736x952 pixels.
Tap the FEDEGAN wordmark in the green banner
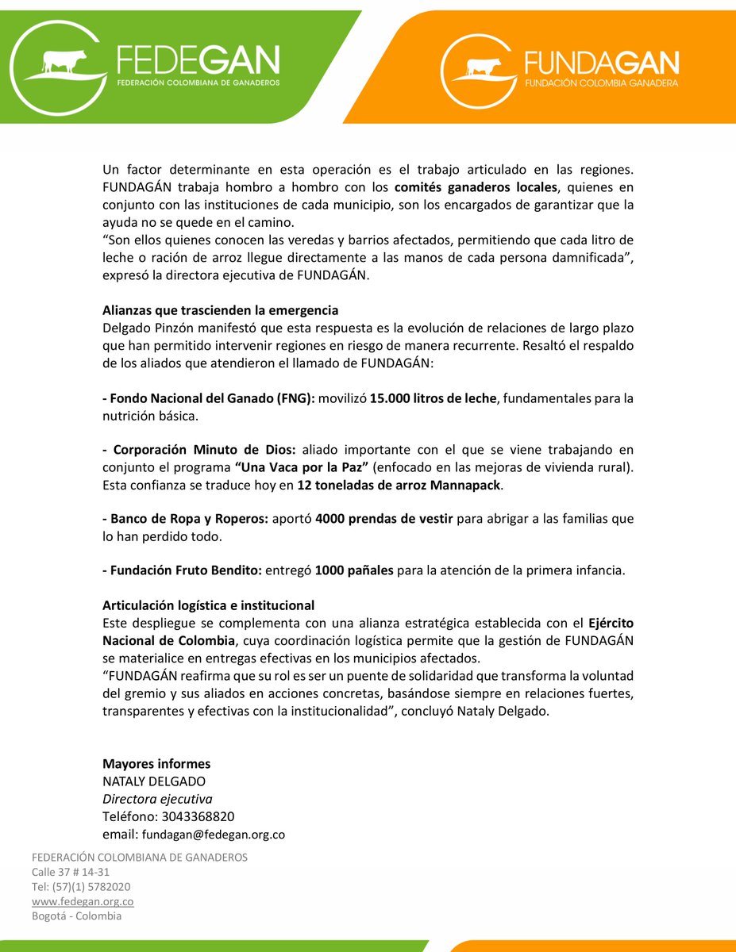(198, 60)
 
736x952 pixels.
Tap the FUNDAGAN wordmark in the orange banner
(601, 63)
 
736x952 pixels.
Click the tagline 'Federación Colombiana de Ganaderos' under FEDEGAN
(198, 82)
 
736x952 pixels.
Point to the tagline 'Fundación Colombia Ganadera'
(601, 83)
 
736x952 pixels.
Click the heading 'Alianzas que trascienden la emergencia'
(220, 310)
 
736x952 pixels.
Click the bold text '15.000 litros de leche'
(433, 398)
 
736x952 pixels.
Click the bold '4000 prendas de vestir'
(383, 519)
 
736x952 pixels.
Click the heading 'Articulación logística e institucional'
(208, 605)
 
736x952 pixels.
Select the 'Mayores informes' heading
(156, 764)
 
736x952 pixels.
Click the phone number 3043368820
(198, 816)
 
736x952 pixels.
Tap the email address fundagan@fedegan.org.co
(213, 834)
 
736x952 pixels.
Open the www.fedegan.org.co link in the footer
(83, 901)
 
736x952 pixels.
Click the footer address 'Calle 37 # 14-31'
(71, 872)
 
